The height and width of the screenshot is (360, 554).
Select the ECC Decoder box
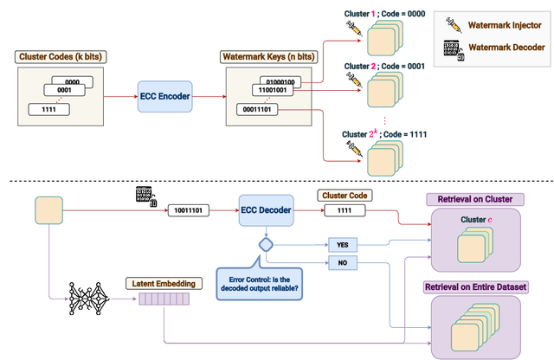(x=266, y=209)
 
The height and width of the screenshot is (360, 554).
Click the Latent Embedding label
(x=159, y=282)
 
